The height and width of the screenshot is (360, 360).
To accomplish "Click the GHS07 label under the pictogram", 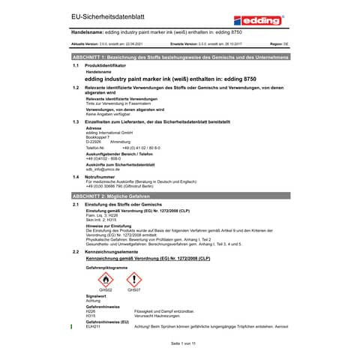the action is pos(133,289).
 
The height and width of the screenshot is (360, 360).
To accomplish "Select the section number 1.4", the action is pos(75,176).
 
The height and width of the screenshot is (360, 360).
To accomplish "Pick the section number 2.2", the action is pos(75,252).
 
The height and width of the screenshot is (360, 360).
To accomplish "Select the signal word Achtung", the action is pos(94,300).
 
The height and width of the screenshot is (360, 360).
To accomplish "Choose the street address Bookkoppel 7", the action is pos(98,136).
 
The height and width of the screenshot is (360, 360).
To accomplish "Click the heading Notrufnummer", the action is pos(103,176).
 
